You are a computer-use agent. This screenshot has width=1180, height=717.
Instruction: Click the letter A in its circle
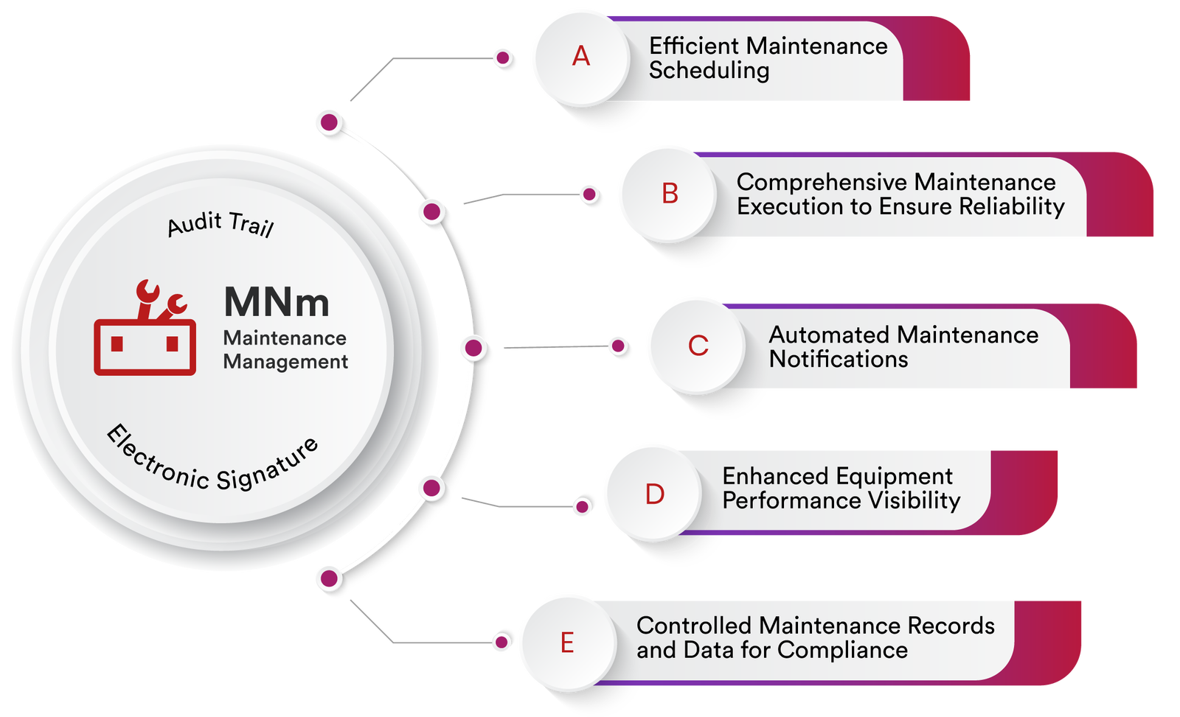pyautogui.click(x=581, y=57)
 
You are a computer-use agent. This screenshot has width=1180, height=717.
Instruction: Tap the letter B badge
pyautogui.click(x=670, y=194)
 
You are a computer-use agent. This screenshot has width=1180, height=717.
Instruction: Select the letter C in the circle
pyautogui.click(x=698, y=346)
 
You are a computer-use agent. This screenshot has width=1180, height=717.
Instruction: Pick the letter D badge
pyautogui.click(x=655, y=494)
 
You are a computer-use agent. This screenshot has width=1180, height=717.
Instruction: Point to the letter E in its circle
pyautogui.click(x=567, y=643)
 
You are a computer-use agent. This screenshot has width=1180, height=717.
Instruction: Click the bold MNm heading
pyautogui.click(x=277, y=302)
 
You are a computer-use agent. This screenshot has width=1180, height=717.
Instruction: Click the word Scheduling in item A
pyautogui.click(x=709, y=71)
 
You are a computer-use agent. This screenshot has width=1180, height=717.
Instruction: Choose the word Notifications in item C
pyautogui.click(x=839, y=360)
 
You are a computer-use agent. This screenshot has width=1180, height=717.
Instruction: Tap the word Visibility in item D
pyautogui.click(x=914, y=501)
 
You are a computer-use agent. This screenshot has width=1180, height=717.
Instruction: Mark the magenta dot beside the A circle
pyautogui.click(x=504, y=57)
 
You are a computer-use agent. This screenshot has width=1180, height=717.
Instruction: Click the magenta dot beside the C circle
pyautogui.click(x=619, y=346)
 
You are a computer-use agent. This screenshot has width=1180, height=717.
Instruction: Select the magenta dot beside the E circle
pyautogui.click(x=502, y=642)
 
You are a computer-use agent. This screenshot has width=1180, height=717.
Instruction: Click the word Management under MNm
pyautogui.click(x=285, y=362)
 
